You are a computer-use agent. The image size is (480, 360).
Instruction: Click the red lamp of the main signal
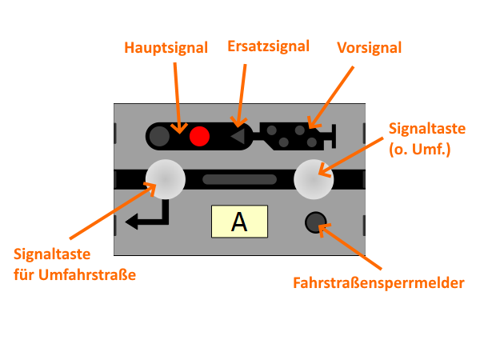199,137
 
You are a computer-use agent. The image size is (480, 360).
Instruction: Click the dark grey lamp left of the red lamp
160,137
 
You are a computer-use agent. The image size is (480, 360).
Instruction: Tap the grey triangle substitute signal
238,137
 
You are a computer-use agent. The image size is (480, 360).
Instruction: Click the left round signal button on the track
165,178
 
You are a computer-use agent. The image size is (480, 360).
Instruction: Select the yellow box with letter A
238,222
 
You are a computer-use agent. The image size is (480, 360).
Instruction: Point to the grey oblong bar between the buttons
239,179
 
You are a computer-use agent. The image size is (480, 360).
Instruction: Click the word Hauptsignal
166,47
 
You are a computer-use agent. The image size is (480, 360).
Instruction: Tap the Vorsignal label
369,47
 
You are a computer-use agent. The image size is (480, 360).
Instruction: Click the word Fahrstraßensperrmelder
379,282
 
